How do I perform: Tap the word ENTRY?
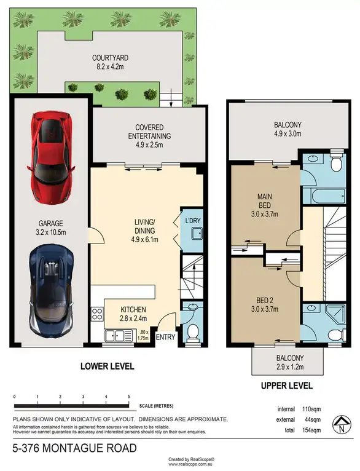click(x=166, y=338)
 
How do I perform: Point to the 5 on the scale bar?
click(x=129, y=397)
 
